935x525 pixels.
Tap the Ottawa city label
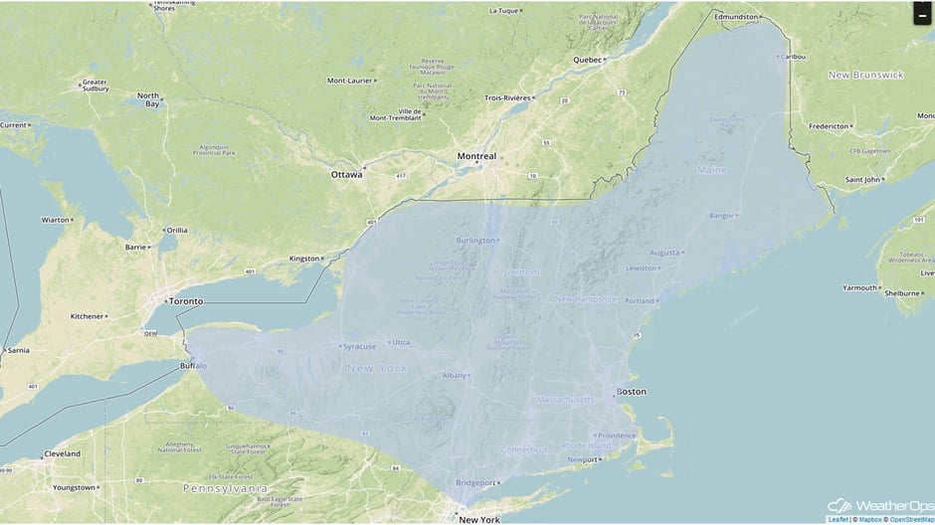coord(346,174)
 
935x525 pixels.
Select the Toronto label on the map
coord(185,301)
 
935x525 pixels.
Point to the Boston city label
coord(632,392)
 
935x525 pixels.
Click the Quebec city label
coord(588,60)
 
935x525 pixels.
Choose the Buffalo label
coord(194,366)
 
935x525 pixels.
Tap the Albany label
coord(454,376)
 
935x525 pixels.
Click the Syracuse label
coord(359,346)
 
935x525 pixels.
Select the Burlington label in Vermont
coord(475,241)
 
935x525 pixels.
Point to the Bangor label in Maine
coord(721,216)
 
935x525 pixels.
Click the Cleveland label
coord(62,454)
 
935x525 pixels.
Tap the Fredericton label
coord(829,126)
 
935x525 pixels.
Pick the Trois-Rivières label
coord(507,97)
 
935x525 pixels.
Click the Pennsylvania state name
coord(225,488)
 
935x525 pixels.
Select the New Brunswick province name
coord(865,75)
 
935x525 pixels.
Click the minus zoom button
coord(923,14)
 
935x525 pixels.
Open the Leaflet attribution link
coord(838,519)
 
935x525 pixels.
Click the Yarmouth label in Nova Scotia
coord(860,287)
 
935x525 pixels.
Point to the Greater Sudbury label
coord(94,86)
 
